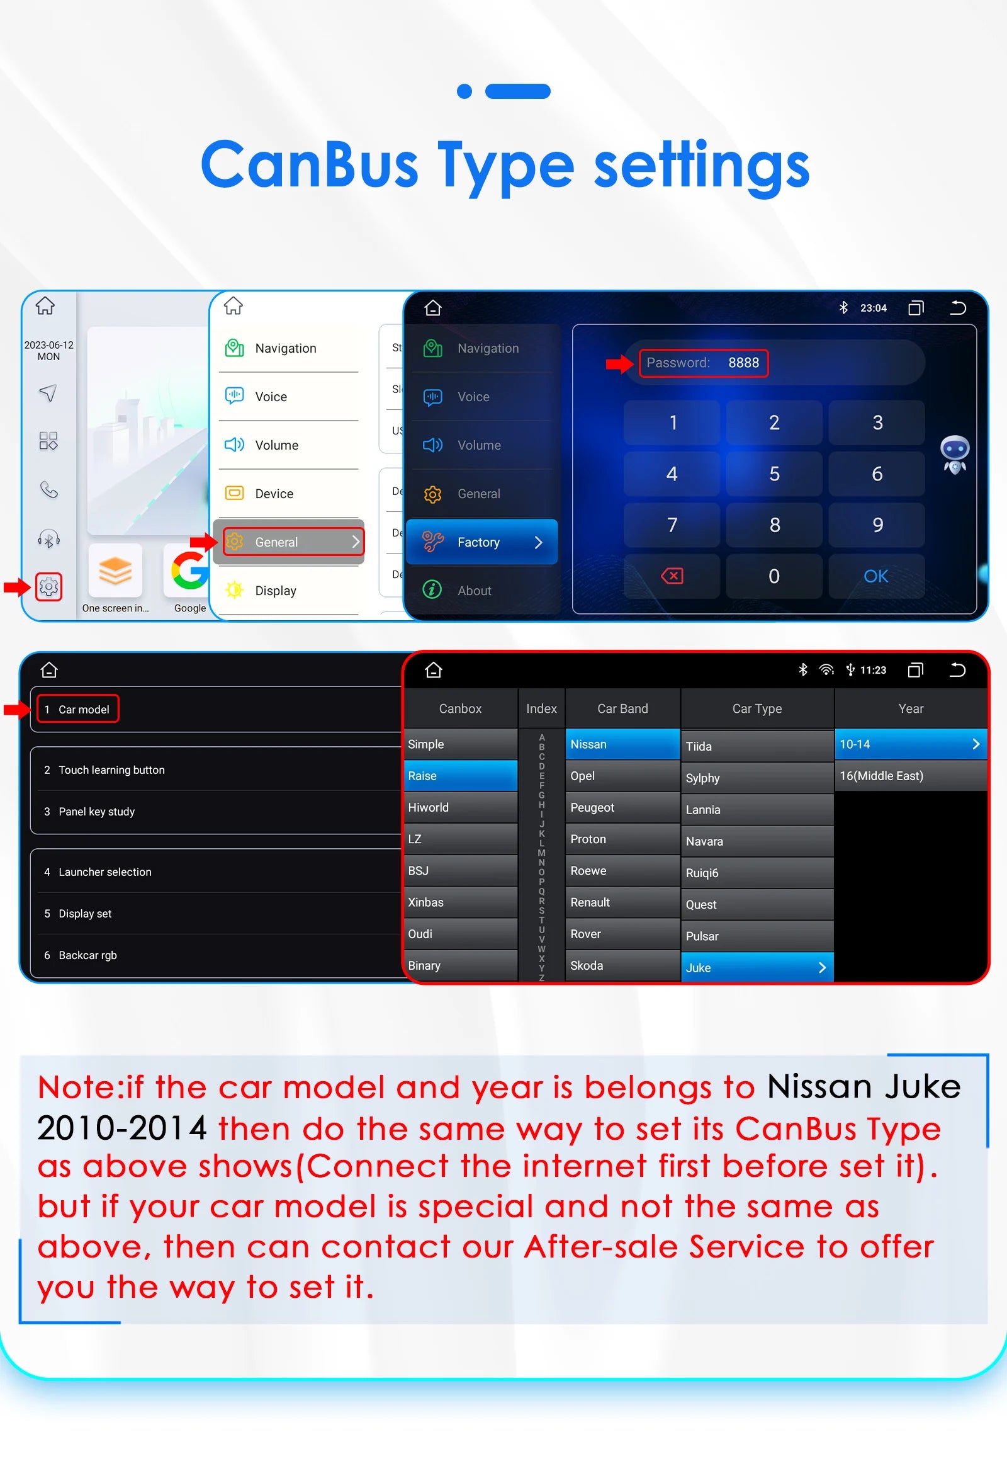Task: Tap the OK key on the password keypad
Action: pos(876,576)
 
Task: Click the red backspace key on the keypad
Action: pos(672,576)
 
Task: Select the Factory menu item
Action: pos(482,542)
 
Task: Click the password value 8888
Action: pos(743,363)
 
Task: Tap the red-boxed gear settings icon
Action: pos(48,587)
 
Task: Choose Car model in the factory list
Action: pos(78,709)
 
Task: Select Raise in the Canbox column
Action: pos(461,775)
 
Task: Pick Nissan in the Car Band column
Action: pos(622,744)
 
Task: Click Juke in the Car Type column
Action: pos(757,967)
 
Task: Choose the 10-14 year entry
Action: pos(911,744)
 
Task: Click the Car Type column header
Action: pos(757,708)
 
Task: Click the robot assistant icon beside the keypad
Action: pos(955,454)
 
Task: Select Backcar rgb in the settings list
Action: pos(87,955)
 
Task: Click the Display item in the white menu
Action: pos(275,591)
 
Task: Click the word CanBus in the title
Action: pos(309,164)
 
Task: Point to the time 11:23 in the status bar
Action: pos(873,669)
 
